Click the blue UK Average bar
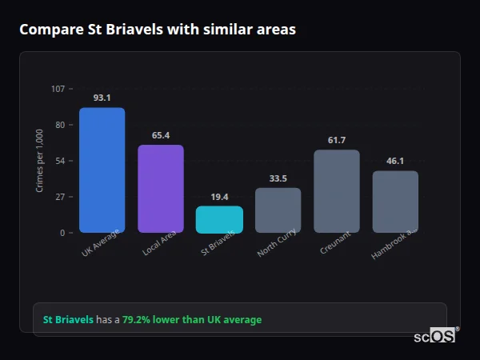pyautogui.click(x=102, y=170)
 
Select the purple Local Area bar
pyautogui.click(x=161, y=189)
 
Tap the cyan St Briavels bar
pyautogui.click(x=219, y=220)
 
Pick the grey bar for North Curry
pyautogui.click(x=278, y=210)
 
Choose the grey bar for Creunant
pyautogui.click(x=337, y=191)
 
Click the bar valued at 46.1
pyautogui.click(x=395, y=202)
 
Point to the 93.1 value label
pyautogui.click(x=102, y=98)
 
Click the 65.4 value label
pyautogui.click(x=161, y=135)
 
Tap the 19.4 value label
pyautogui.click(x=219, y=197)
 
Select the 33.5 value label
pyautogui.click(x=278, y=178)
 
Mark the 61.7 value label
pyautogui.click(x=337, y=140)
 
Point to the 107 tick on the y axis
pyautogui.click(x=58, y=89)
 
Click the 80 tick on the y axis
pyautogui.click(x=60, y=125)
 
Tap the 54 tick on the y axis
pyautogui.click(x=60, y=161)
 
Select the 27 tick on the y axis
pyautogui.click(x=60, y=197)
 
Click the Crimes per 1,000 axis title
pyautogui.click(x=40, y=161)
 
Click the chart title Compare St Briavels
pyautogui.click(x=158, y=30)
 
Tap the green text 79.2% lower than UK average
pyautogui.click(x=192, y=320)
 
